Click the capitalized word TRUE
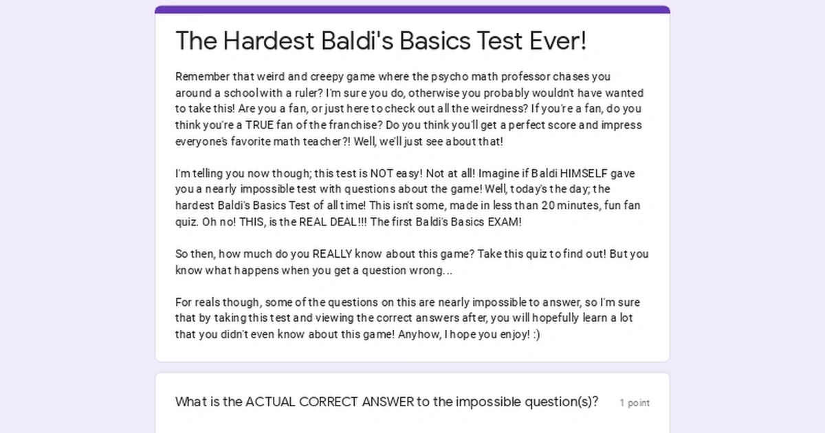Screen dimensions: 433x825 coord(259,125)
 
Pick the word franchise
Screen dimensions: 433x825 coord(346,125)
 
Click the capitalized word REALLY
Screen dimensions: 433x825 coord(334,254)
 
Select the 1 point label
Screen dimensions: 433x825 coord(635,403)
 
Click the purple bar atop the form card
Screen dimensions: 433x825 coord(412,10)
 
